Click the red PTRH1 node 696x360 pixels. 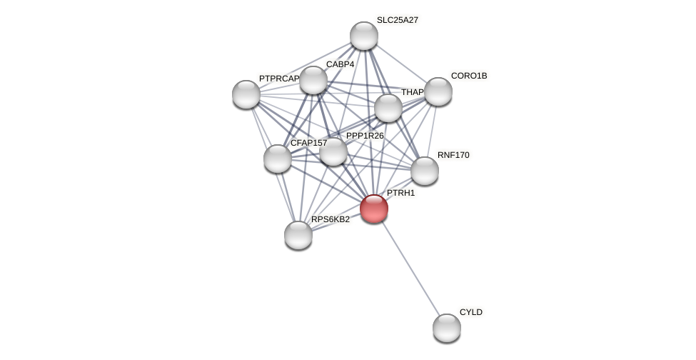click(373, 209)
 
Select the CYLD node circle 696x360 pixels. click(446, 328)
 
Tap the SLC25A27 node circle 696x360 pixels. click(363, 36)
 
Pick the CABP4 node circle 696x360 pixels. click(313, 80)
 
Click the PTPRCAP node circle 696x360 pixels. click(246, 94)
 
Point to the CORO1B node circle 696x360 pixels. click(438, 91)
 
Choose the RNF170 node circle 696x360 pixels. click(424, 171)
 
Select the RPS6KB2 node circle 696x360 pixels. click(298, 235)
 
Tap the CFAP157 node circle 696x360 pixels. click(277, 159)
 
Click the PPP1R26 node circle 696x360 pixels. click(333, 151)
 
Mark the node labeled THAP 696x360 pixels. click(388, 108)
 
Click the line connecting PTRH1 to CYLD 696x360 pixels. click(410, 269)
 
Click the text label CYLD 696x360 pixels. click(470, 312)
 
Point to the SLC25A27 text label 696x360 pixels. click(397, 20)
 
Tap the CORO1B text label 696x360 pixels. click(468, 76)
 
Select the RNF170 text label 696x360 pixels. click(453, 155)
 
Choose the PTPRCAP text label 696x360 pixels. click(278, 79)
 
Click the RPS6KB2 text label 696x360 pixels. click(331, 219)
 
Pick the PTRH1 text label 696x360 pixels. click(400, 193)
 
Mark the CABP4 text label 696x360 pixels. click(340, 64)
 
